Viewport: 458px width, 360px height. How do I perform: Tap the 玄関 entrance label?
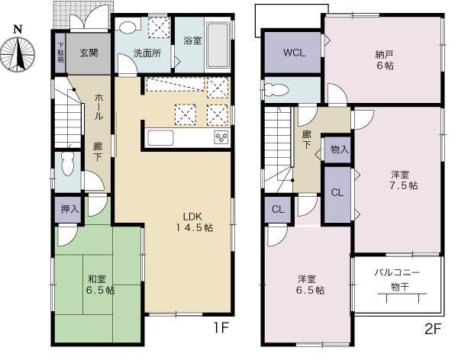pyautogui.click(x=89, y=53)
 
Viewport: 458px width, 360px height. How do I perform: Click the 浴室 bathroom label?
pyautogui.click(x=192, y=41)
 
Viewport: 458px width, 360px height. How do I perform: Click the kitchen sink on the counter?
pyautogui.click(x=162, y=137)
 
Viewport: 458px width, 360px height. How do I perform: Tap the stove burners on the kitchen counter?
pyautogui.click(x=221, y=137)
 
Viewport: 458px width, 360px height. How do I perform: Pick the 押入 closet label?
pyautogui.click(x=69, y=208)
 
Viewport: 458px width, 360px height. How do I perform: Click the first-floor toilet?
pyautogui.click(x=67, y=162)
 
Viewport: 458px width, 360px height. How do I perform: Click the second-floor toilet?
pyautogui.click(x=278, y=90)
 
